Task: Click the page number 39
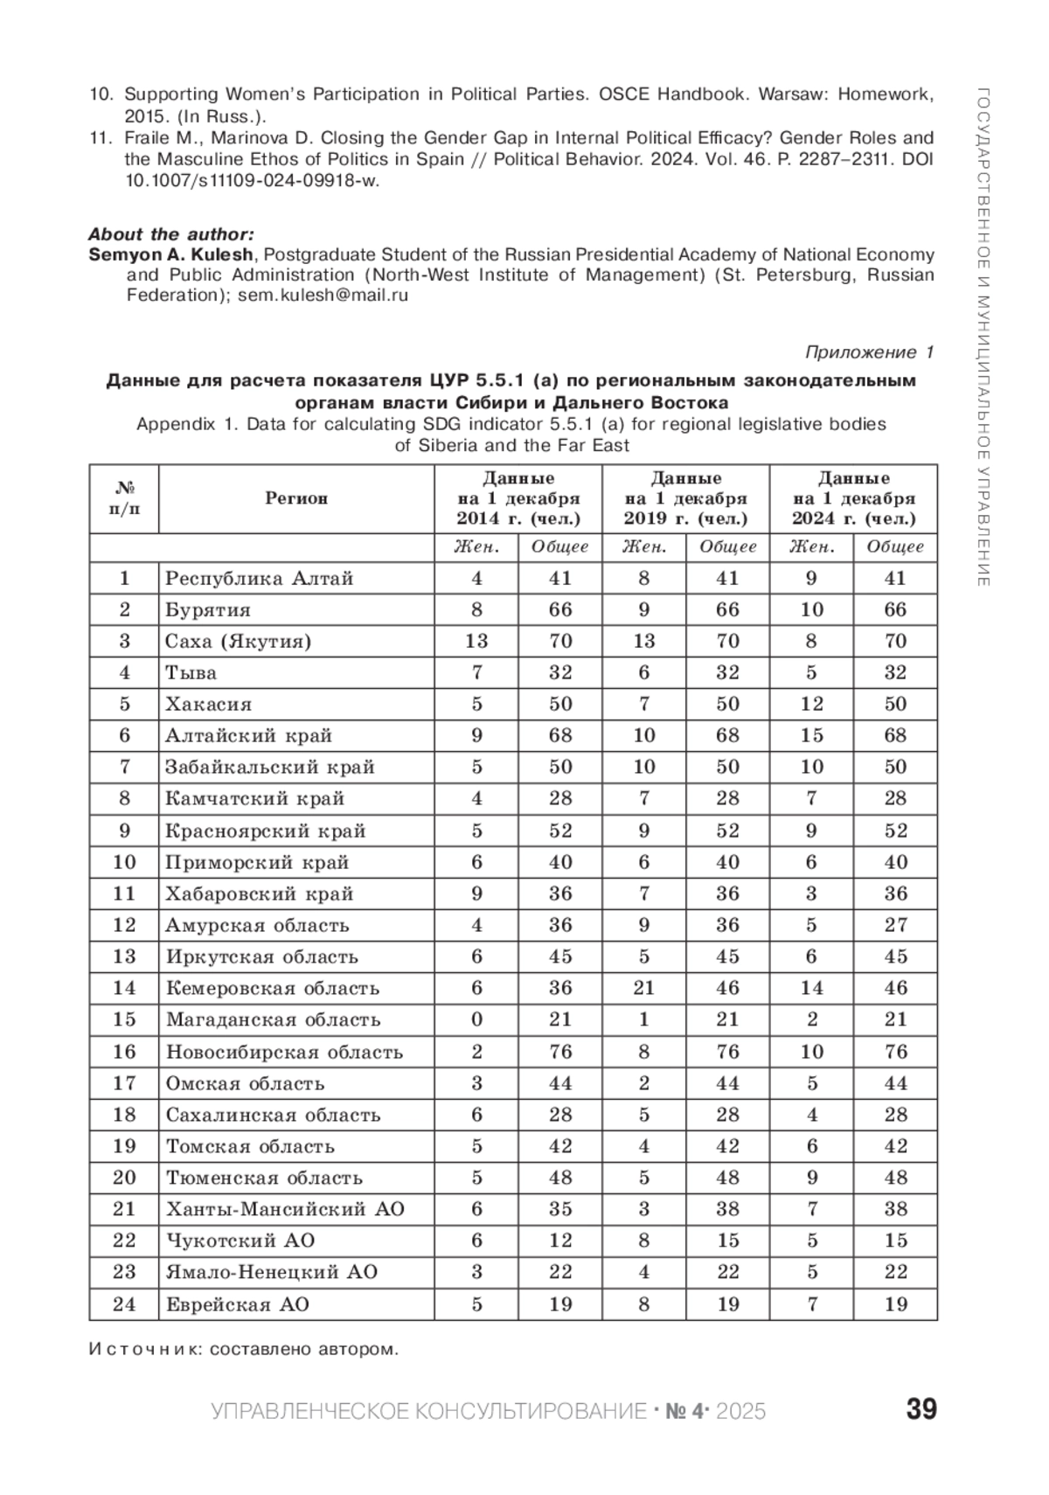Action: coord(920,1409)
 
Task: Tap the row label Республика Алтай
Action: coord(260,578)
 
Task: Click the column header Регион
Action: coord(296,498)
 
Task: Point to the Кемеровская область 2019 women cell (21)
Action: coord(643,988)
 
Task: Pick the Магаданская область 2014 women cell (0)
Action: coord(476,1019)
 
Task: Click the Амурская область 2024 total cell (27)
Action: coord(895,925)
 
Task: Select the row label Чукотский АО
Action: coord(240,1241)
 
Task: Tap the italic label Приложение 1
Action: coord(869,352)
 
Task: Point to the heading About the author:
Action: coord(171,234)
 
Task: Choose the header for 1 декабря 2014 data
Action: coord(518,498)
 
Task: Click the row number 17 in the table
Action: coord(124,1083)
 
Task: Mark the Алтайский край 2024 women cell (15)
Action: coord(811,735)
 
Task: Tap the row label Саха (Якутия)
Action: coord(238,641)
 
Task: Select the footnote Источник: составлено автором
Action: coord(244,1349)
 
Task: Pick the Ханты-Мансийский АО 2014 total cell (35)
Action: coord(559,1209)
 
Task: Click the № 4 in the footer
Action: coord(684,1411)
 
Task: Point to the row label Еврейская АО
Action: coord(238,1304)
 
